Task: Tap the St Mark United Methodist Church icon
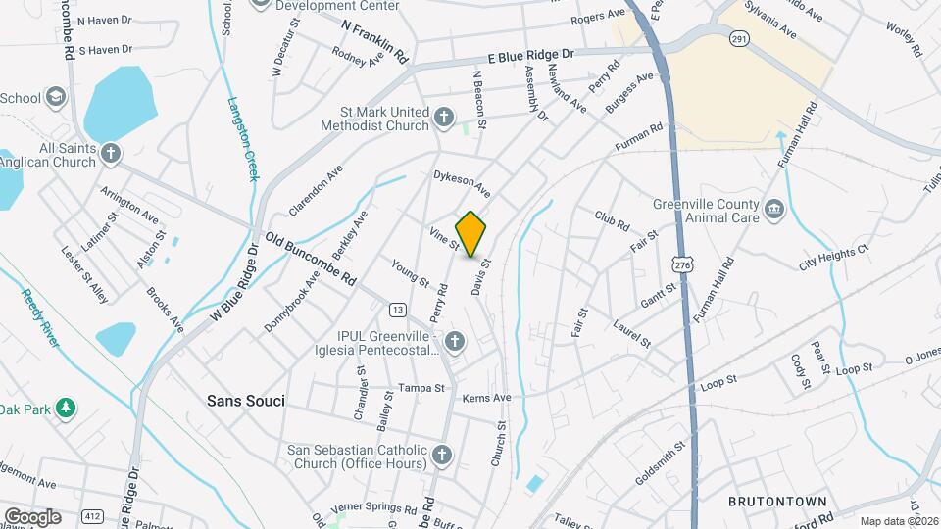click(444, 118)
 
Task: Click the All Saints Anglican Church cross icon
click(111, 153)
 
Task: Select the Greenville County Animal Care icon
click(774, 208)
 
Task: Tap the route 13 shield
click(397, 310)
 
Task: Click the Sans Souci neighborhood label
click(245, 401)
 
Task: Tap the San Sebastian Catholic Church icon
click(442, 456)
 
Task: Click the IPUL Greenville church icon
click(453, 342)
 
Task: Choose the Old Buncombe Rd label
click(310, 259)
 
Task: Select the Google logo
click(32, 516)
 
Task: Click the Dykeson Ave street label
click(462, 182)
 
